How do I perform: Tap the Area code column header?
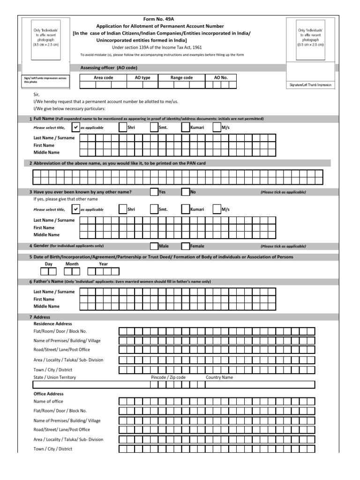(103, 78)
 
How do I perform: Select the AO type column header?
(142, 78)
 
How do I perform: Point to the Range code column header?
(181, 78)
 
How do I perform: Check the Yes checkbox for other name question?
(154, 192)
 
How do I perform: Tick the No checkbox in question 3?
(185, 192)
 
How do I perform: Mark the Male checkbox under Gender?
(154, 246)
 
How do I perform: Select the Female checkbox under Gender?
(185, 246)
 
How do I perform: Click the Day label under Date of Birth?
(48, 264)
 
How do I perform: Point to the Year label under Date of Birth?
(103, 264)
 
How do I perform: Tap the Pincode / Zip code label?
(168, 377)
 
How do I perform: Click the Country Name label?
(219, 377)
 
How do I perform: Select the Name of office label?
(48, 402)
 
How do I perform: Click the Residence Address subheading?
(53, 324)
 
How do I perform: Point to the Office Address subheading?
(49, 394)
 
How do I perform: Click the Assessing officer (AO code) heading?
(109, 68)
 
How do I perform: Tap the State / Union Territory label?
(55, 377)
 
